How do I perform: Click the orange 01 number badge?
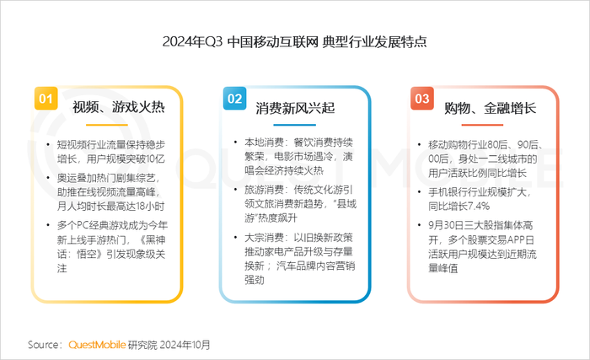pos(46,99)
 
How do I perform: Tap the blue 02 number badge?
pos(234,99)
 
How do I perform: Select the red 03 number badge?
pos(422,99)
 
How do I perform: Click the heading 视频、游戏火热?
pos(119,107)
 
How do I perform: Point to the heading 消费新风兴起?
pos(295,108)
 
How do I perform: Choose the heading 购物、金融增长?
pos(490,108)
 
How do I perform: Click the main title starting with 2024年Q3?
pos(295,41)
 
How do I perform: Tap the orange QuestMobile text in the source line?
pos(97,345)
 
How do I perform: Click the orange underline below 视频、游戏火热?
pos(107,125)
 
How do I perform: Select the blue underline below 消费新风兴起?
pos(295,125)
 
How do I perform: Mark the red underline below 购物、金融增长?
pos(482,125)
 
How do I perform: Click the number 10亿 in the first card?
pos(155,159)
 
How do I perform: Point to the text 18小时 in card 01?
pos(150,207)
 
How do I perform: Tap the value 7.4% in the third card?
pos(479,207)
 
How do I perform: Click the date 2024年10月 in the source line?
pos(185,345)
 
